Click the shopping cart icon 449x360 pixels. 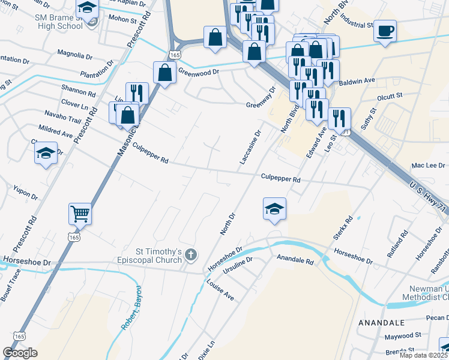click(x=80, y=213)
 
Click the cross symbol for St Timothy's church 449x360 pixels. click(x=190, y=255)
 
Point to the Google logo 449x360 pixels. click(x=20, y=352)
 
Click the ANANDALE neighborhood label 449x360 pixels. click(x=385, y=323)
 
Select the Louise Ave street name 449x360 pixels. click(x=220, y=289)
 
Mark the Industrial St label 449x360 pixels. click(x=357, y=26)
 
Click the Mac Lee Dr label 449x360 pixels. click(x=428, y=165)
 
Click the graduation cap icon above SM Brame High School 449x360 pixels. click(x=87, y=8)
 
